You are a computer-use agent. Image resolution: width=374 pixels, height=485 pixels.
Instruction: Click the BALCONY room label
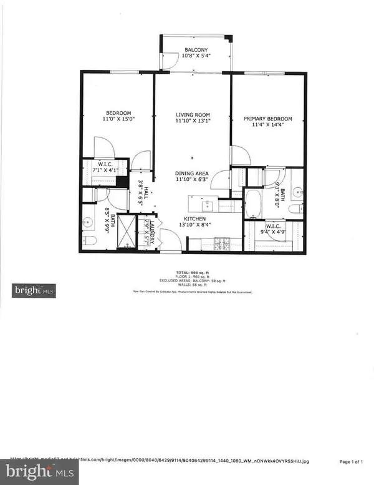point(196,50)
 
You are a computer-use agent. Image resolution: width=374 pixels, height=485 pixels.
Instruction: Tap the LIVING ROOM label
point(192,115)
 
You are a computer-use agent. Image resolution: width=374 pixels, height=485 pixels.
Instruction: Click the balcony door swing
point(167,59)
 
